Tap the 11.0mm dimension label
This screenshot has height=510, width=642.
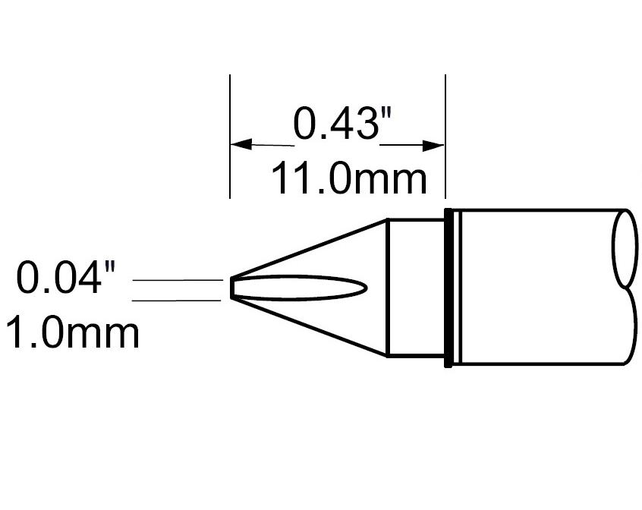pyautogui.click(x=348, y=180)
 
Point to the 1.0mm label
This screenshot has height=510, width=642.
pyautogui.click(x=73, y=332)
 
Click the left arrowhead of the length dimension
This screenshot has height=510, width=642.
pyautogui.click(x=241, y=144)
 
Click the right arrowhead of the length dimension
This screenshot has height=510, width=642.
pyautogui.click(x=434, y=145)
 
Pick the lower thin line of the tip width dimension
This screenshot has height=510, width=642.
pyautogui.click(x=178, y=301)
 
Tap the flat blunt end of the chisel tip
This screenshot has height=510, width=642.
pyautogui.click(x=231, y=289)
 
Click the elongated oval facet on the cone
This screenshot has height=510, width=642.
pyautogui.click(x=304, y=288)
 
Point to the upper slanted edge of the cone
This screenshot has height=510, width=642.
pyautogui.click(x=311, y=248)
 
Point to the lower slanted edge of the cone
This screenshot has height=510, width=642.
pyautogui.click(x=311, y=328)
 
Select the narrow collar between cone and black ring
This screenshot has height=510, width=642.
pyautogui.click(x=416, y=288)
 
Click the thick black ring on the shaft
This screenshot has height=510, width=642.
pyautogui.click(x=449, y=288)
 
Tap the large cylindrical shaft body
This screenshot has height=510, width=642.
pyautogui.click(x=531, y=288)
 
